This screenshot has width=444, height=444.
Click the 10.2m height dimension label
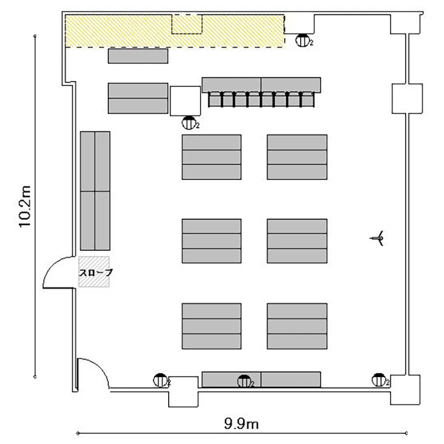tap(25, 207)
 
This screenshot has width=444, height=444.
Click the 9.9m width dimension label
tap(242, 424)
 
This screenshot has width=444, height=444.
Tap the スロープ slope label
tap(96, 272)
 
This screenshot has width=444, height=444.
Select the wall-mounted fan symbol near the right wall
tap(377, 239)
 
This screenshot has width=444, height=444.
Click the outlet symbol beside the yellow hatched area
tap(303, 40)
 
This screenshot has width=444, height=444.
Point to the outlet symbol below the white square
tap(189, 123)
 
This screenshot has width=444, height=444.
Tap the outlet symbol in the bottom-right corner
tap(379, 380)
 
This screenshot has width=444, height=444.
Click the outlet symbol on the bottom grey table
tap(244, 381)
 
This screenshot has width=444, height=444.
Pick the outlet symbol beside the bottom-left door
tap(160, 380)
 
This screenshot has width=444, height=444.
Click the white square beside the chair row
tap(185, 101)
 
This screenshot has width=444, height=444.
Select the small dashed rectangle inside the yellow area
tap(187, 24)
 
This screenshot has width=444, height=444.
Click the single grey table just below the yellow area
tap(138, 56)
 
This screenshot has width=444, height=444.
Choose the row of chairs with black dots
tap(261, 99)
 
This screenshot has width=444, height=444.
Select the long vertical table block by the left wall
tap(95, 191)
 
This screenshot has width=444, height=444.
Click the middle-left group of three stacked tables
tap(211, 241)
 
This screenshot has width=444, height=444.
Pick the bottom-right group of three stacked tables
tap(297, 326)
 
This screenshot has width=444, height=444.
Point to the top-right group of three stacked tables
tap(297, 157)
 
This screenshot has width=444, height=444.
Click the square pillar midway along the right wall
tap(407, 99)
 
